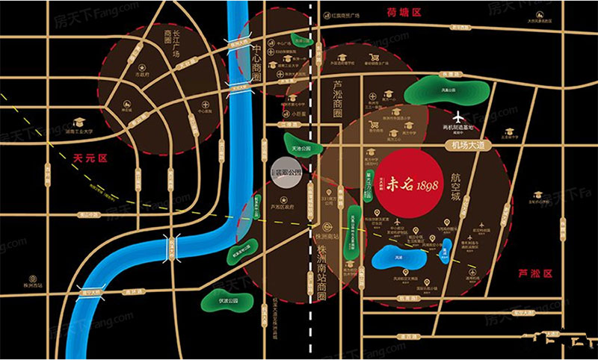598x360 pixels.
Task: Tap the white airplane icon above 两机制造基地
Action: [x=458, y=118]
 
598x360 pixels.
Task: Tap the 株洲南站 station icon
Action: [x=327, y=226]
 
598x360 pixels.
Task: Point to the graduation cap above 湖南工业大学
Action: [x=79, y=122]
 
